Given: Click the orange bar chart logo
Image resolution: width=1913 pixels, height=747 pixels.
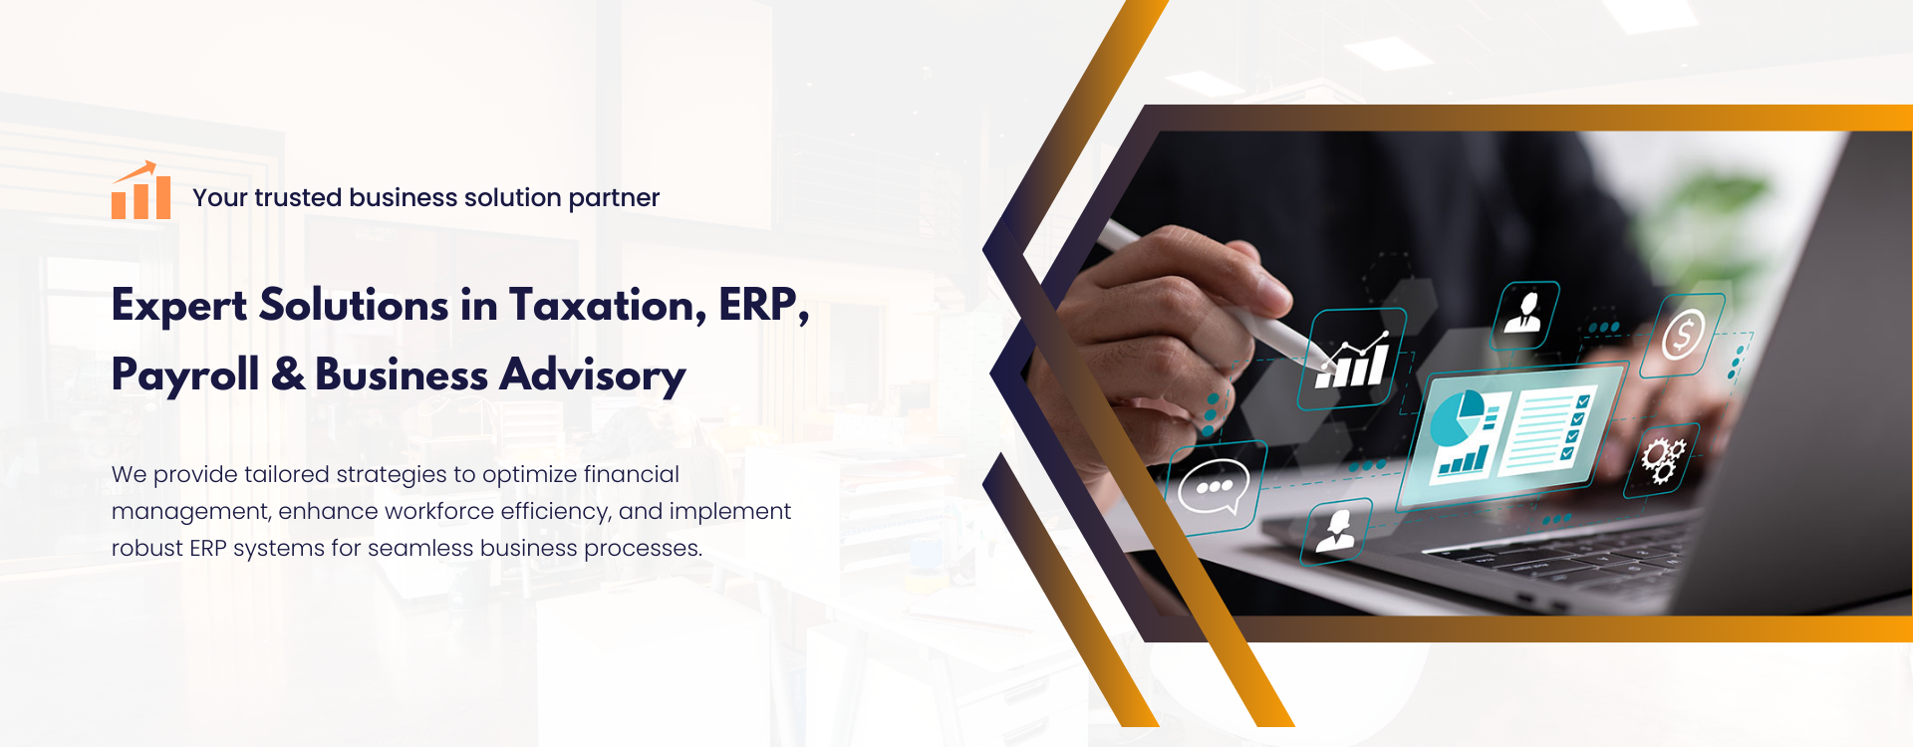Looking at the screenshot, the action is (x=140, y=190).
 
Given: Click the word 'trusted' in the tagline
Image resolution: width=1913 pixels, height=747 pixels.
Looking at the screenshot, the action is (x=298, y=197).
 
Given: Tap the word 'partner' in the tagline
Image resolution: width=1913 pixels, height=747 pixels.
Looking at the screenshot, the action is (x=614, y=199).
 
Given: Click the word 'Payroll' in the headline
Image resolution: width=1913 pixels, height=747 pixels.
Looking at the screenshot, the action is (x=185, y=376).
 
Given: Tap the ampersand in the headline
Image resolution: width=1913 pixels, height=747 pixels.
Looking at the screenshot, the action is (x=288, y=374).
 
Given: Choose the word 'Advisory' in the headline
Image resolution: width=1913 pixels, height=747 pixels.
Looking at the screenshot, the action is (x=593, y=376).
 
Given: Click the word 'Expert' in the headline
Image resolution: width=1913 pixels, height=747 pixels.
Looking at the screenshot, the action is (x=179, y=307).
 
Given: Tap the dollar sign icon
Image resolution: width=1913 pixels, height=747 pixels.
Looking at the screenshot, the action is (x=1683, y=335).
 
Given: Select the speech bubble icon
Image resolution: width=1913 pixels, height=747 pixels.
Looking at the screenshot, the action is (x=1213, y=487).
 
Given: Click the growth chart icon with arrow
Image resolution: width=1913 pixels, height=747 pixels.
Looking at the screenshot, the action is (x=1353, y=360).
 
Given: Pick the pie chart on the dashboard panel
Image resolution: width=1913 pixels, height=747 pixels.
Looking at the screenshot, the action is (x=1457, y=417).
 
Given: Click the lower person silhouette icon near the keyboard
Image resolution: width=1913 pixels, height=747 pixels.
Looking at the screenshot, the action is (x=1336, y=530).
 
